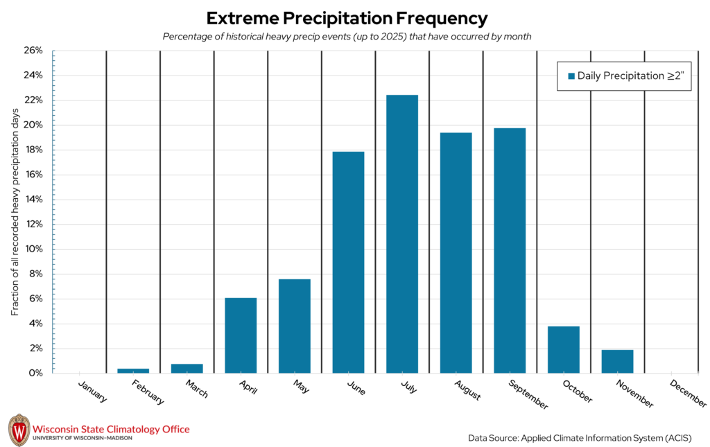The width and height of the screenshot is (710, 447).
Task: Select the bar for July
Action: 402,234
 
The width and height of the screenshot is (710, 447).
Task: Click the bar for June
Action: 348,262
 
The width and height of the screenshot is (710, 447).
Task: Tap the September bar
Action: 510,250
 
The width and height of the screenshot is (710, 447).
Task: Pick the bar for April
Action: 241,335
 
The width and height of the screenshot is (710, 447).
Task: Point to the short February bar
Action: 133,371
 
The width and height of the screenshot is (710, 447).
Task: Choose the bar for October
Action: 563,349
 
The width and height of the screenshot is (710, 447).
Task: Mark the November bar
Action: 617,361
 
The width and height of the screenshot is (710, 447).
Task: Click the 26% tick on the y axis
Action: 33,51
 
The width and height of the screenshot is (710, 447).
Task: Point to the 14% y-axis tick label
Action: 33,200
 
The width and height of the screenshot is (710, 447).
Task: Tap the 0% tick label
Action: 35,374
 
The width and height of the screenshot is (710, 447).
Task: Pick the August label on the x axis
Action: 468,389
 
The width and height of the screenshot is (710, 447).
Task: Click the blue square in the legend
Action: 571,76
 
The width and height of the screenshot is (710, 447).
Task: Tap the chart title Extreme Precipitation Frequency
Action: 347,18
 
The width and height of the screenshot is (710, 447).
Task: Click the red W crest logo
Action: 19,430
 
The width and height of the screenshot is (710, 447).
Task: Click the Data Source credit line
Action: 580,438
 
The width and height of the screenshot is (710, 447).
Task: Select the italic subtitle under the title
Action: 347,37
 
